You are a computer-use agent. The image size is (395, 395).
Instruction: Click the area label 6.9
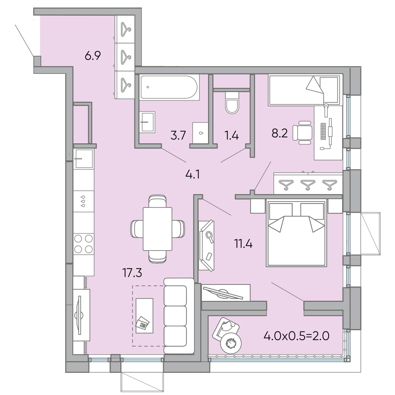click(93, 55)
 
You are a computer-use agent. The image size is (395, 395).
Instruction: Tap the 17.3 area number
click(132, 273)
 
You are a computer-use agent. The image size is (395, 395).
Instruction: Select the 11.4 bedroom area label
click(243, 244)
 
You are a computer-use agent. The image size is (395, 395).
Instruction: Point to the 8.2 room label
click(280, 133)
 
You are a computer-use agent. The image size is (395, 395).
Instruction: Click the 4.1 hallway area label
click(193, 174)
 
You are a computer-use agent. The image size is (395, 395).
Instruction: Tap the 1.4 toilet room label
click(231, 135)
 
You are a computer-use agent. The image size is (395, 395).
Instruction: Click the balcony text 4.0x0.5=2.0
click(297, 336)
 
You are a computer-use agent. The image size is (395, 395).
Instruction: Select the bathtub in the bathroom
click(170, 87)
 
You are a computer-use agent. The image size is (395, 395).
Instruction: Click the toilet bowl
click(232, 103)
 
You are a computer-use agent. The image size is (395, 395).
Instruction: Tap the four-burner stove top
click(84, 244)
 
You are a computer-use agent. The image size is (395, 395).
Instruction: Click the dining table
click(158, 229)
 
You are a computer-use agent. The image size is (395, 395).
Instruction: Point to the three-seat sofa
click(179, 316)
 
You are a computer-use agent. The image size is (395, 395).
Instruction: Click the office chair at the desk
click(302, 132)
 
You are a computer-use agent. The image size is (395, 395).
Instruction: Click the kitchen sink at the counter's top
click(84, 158)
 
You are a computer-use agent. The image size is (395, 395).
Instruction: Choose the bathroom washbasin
click(147, 122)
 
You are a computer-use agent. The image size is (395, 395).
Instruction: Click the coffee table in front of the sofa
click(144, 316)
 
